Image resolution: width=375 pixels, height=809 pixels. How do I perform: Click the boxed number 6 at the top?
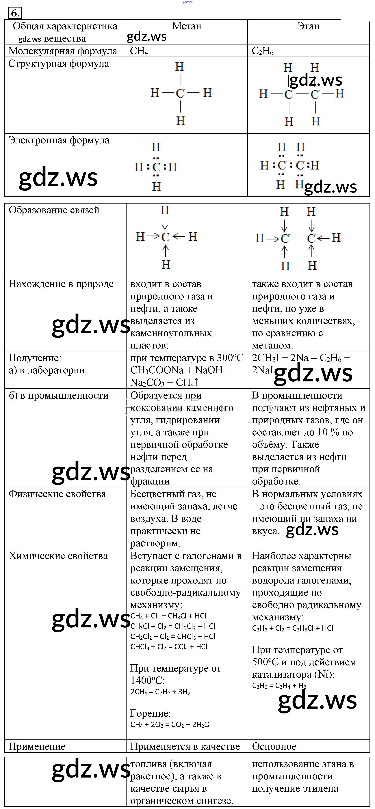coord(15,13)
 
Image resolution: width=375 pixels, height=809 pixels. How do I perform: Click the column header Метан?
coord(187,26)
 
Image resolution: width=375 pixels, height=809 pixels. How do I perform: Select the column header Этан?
coord(308,26)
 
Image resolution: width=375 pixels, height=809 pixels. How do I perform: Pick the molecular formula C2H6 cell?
coord(263,51)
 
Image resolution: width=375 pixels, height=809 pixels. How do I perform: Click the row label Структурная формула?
coord(59,64)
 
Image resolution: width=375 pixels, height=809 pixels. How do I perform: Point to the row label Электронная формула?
coord(59,140)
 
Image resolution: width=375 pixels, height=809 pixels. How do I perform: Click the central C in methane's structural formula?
coord(180,93)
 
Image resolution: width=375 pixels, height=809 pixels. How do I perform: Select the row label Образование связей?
coord(54,210)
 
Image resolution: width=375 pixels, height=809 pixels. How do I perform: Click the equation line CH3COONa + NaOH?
coord(181,370)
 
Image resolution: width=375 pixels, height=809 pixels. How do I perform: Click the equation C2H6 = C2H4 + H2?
coord(279,686)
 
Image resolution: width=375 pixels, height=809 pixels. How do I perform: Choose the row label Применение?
coord(37,746)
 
